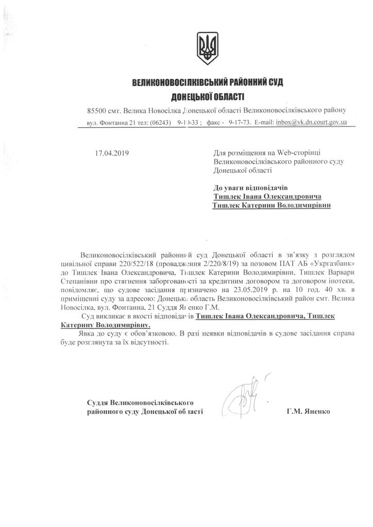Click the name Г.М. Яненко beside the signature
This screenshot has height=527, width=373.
[309, 412]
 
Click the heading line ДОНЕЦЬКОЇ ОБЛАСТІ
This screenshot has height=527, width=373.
[208, 96]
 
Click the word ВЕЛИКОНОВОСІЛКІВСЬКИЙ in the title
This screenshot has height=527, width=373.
[176, 82]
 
